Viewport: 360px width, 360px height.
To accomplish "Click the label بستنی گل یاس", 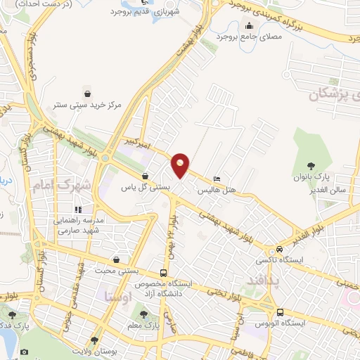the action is [x=146, y=188].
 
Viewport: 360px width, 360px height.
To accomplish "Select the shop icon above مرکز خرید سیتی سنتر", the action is [x=86, y=94].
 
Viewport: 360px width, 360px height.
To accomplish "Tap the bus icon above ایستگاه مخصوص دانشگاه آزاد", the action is [x=164, y=274].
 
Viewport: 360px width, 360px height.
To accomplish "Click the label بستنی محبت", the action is [x=117, y=271].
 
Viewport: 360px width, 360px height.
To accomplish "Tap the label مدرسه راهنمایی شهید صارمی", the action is [x=79, y=224].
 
